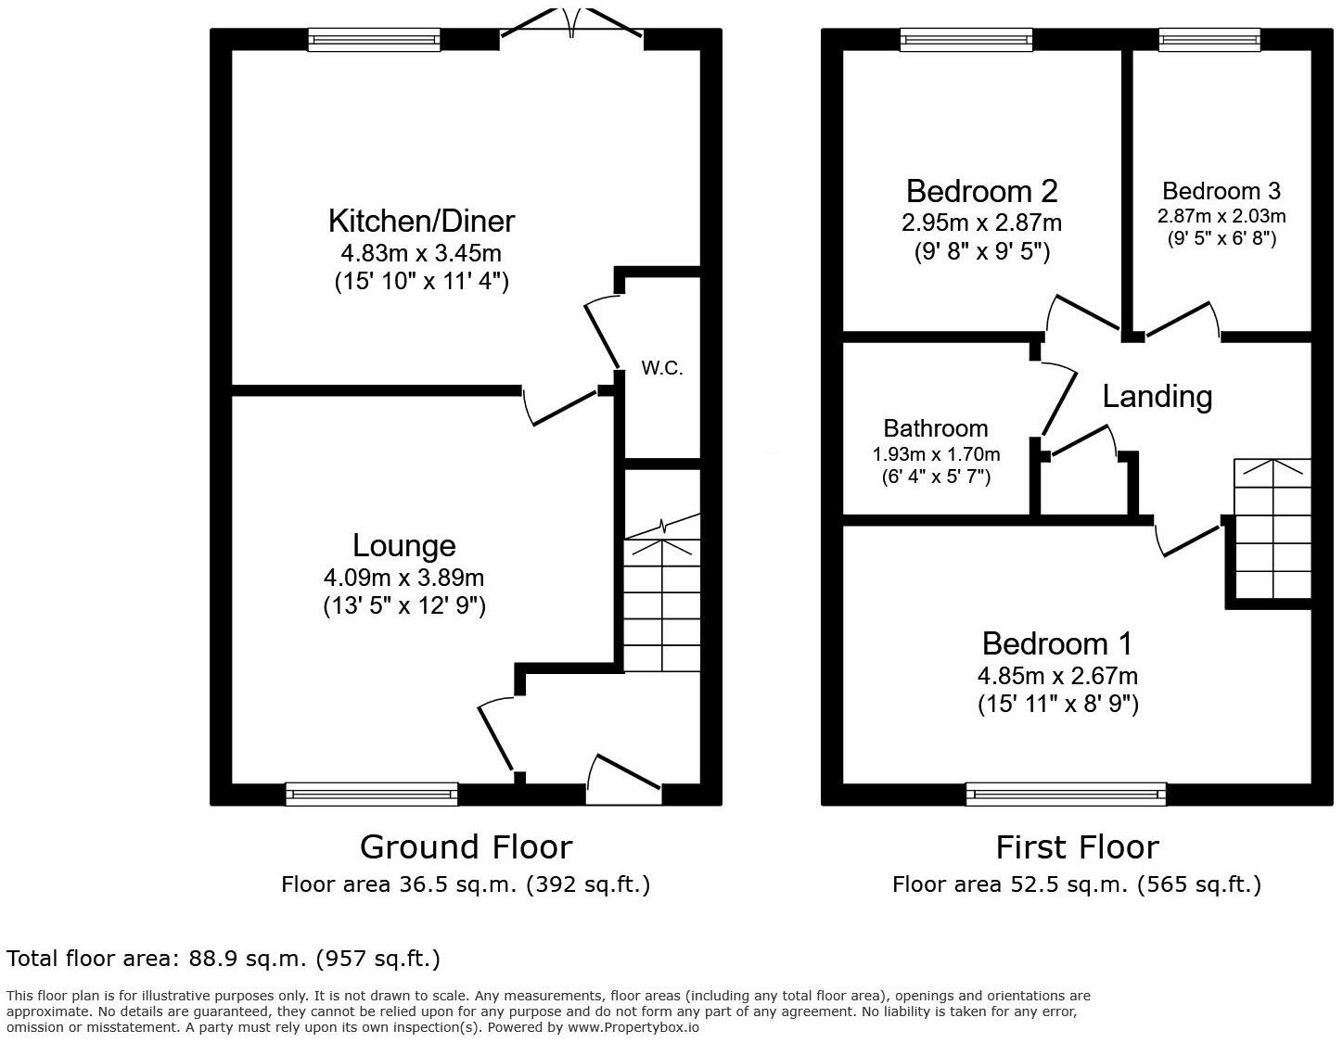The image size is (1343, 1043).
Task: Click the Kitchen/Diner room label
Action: pyautogui.click(x=421, y=221)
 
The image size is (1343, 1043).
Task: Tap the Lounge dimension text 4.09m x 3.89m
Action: pyautogui.click(x=403, y=578)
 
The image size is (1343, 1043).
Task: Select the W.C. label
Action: pyautogui.click(x=662, y=368)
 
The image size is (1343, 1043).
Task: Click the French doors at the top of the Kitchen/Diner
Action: pyautogui.click(x=571, y=28)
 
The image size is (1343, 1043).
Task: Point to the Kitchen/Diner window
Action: pyautogui.click(x=374, y=39)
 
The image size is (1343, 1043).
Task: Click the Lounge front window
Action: pyautogui.click(x=371, y=794)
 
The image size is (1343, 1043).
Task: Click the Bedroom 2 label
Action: pyautogui.click(x=981, y=191)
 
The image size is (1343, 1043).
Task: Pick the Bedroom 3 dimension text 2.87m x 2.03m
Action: pyautogui.click(x=1221, y=216)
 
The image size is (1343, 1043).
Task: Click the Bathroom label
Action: pyautogui.click(x=935, y=428)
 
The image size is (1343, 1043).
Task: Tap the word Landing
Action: pyautogui.click(x=1157, y=396)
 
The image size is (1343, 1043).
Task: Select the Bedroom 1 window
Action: pyautogui.click(x=1066, y=794)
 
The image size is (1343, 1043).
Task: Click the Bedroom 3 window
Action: pyautogui.click(x=1209, y=39)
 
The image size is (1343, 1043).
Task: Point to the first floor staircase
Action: pyautogui.click(x=1272, y=528)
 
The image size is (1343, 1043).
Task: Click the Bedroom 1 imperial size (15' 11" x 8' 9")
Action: pyautogui.click(x=1057, y=704)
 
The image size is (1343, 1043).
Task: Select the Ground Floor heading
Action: pyautogui.click(x=466, y=846)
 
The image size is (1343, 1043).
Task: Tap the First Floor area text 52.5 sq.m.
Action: pyautogui.click(x=1076, y=884)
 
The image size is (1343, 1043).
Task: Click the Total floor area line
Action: pyautogui.click(x=223, y=958)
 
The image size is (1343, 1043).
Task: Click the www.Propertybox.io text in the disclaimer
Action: pyautogui.click(x=633, y=1027)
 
